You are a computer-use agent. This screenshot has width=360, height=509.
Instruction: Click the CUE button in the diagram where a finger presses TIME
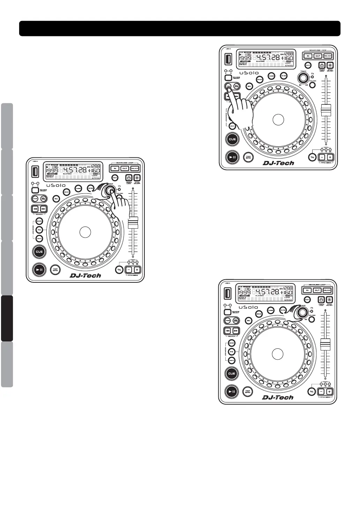click(232, 139)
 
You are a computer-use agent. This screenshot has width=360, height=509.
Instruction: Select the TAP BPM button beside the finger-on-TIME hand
click(248, 157)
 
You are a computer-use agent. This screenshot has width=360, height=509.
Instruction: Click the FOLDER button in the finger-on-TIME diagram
click(312, 85)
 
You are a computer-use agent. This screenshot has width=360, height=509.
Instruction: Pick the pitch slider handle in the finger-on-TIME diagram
click(326, 110)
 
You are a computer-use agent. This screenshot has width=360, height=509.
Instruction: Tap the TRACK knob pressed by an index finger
click(111, 190)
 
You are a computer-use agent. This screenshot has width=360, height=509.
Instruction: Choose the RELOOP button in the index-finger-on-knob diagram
click(135, 168)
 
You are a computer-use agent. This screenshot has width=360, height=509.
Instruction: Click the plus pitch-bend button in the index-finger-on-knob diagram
click(137, 270)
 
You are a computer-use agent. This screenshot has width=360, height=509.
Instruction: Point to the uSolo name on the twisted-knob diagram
click(248, 307)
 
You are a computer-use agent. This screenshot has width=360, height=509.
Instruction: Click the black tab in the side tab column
click(7, 318)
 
